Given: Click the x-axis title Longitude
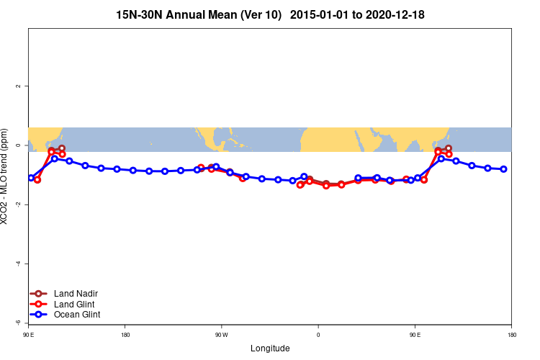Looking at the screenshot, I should (x=270, y=348).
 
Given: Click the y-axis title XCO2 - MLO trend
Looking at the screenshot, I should (x=6, y=176).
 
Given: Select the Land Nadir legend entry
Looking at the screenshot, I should (x=76, y=293).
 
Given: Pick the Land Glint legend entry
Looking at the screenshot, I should (x=74, y=304).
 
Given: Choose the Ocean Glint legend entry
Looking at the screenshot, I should (x=77, y=315).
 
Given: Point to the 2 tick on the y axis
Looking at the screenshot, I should (x=18, y=86).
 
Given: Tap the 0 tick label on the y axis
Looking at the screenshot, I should (x=18, y=145).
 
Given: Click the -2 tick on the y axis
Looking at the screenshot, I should (x=18, y=204).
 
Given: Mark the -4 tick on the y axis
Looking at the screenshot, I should (x=18, y=264).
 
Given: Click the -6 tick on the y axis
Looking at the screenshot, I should (x=18, y=323).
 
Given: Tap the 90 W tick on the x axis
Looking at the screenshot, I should (x=221, y=335).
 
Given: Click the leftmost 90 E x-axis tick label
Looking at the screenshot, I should (x=28, y=335).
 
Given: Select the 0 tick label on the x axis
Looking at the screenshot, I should (x=318, y=335).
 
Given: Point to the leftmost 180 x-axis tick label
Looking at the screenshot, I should (x=125, y=335).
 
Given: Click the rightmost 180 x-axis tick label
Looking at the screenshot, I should (x=511, y=335).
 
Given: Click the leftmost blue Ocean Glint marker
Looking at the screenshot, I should (x=31, y=177).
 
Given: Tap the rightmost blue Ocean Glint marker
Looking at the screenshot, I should (x=503, y=169).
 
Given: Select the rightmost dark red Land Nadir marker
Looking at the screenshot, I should (x=449, y=148).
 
